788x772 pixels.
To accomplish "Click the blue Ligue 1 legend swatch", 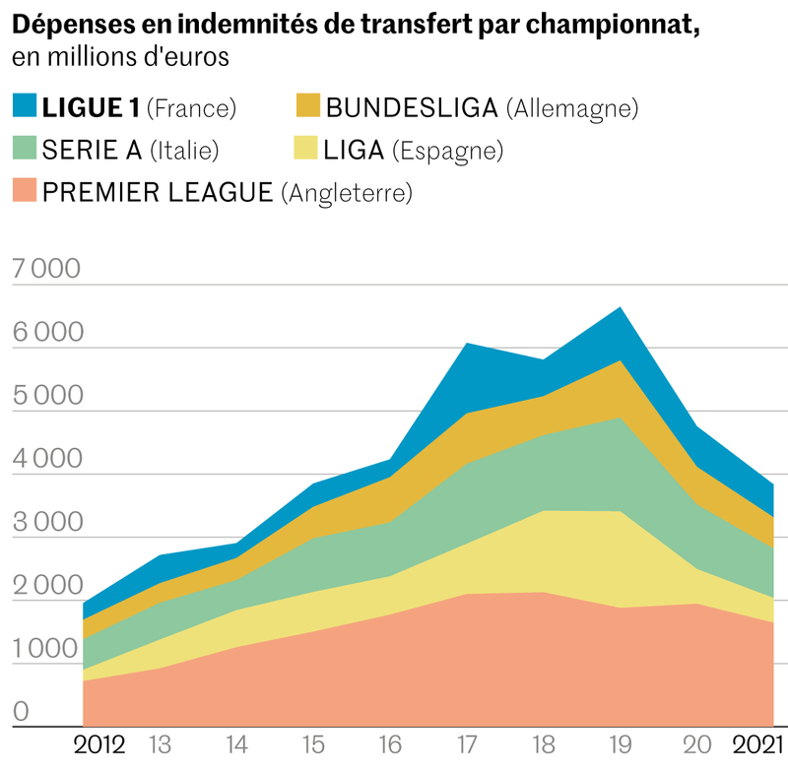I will pyautogui.click(x=25, y=106).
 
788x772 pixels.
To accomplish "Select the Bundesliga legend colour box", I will pyautogui.click(x=307, y=106).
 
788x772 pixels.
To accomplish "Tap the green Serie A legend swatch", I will pyautogui.click(x=25, y=149).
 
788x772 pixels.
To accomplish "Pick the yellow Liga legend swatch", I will pyautogui.click(x=307, y=149).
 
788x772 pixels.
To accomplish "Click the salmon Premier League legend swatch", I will pyautogui.click(x=25, y=191).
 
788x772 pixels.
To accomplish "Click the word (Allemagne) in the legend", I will pyautogui.click(x=571, y=107).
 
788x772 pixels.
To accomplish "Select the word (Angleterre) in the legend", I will pyautogui.click(x=346, y=192).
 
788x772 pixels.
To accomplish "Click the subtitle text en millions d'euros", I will pyautogui.click(x=121, y=57).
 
